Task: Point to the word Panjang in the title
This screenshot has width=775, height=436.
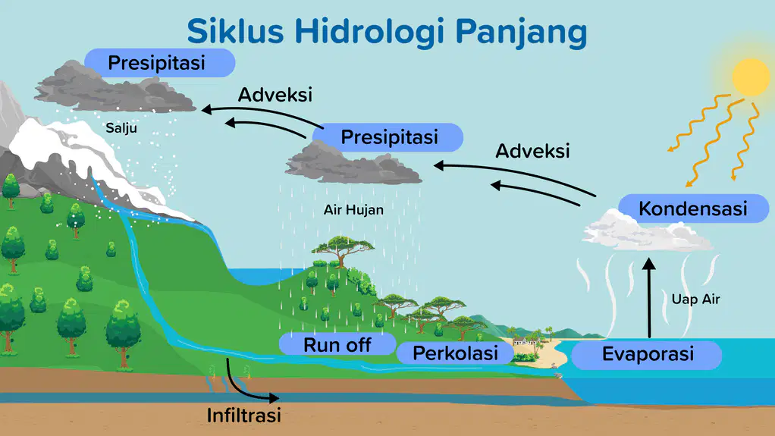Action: click(521, 33)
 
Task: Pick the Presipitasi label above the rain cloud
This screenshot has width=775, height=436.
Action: click(388, 137)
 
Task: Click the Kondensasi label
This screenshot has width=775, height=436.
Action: click(693, 208)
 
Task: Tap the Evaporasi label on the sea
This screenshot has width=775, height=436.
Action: click(647, 354)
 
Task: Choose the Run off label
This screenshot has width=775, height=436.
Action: click(337, 344)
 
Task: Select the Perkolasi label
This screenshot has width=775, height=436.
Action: click(455, 353)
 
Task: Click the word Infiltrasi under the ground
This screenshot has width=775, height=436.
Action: click(243, 416)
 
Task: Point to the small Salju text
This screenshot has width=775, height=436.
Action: click(121, 128)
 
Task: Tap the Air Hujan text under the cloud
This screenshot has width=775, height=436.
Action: click(353, 210)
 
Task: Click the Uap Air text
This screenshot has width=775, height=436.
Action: click(695, 299)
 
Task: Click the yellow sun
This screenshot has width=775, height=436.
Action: click(751, 77)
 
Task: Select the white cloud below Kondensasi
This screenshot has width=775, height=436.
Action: click(648, 231)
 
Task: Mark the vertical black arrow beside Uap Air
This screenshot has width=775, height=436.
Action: click(649, 298)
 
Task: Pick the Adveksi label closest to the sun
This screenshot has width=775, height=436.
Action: click(532, 151)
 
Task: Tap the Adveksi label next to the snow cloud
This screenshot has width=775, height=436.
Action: click(275, 95)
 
